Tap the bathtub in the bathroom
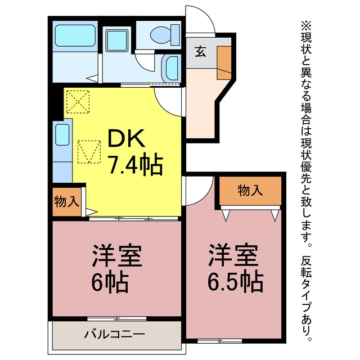tap(75, 36)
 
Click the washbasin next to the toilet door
tap(171, 69)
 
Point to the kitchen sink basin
tap(62, 134)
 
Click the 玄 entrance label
tap(200, 52)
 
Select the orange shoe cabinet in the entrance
tap(224, 63)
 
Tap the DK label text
tap(126, 138)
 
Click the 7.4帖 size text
tap(136, 164)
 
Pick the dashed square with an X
tap(78, 102)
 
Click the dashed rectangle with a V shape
tap(89, 152)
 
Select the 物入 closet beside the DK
tap(67, 202)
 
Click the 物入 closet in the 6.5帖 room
tap(250, 191)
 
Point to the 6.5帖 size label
tap(235, 281)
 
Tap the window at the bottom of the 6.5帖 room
tap(220, 341)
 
